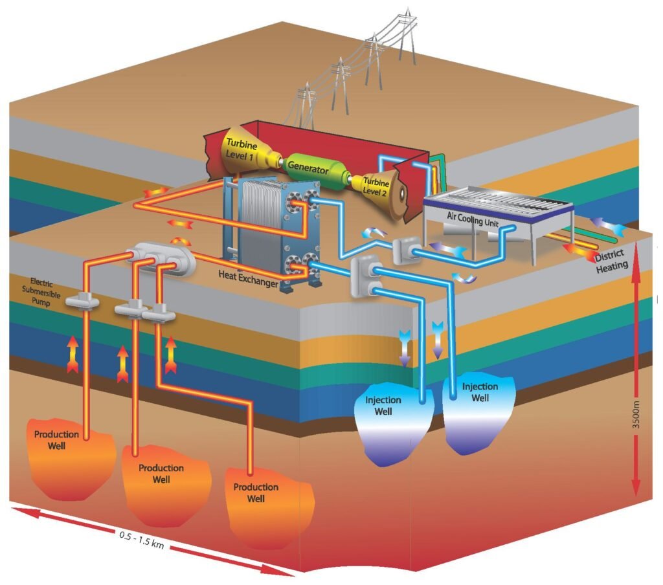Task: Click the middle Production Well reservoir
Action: pyautogui.click(x=161, y=479)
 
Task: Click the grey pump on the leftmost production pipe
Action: pyautogui.click(x=85, y=300)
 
